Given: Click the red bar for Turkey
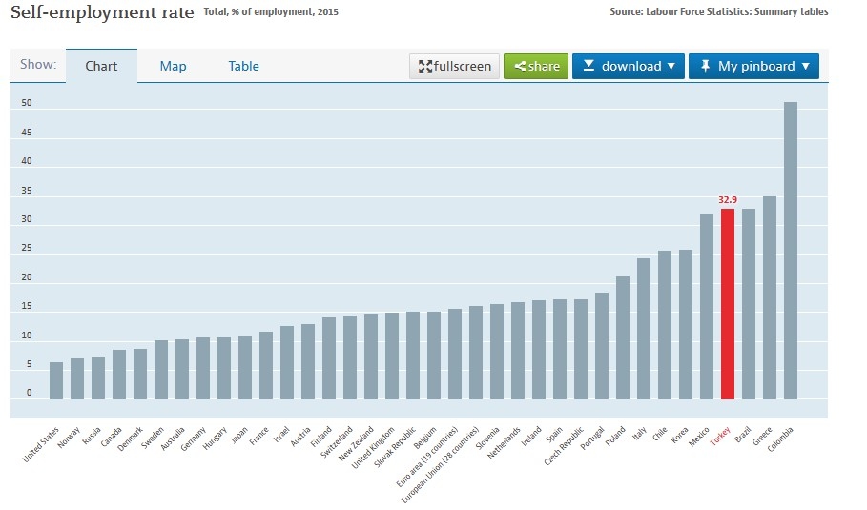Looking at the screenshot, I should click(728, 304).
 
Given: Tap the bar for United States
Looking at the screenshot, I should click(56, 380).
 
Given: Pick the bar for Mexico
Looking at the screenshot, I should click(707, 306).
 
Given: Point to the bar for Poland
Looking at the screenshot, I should click(623, 337).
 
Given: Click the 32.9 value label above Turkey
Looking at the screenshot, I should click(728, 200).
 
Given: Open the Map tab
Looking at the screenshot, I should click(173, 66).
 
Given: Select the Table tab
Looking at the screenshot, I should click(243, 66).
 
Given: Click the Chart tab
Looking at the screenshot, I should click(101, 66).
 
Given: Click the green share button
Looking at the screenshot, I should click(536, 66).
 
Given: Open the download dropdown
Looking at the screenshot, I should click(629, 66).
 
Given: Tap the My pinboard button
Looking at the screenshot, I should click(753, 66).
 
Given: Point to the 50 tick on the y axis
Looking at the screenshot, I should click(27, 103).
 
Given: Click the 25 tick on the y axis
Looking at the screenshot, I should click(27, 248).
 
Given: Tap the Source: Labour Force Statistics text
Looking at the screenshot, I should click(718, 12).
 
